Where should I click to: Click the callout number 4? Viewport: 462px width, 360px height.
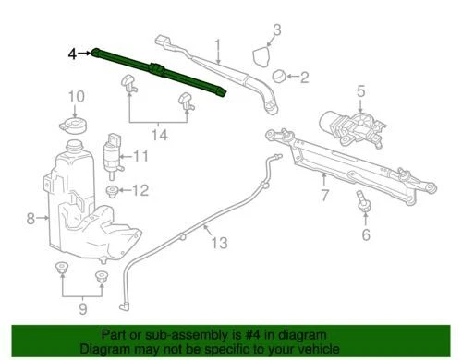[72, 54]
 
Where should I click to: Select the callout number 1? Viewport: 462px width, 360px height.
[218, 43]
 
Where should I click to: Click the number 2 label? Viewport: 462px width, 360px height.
[304, 76]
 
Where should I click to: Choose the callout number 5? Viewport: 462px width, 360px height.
[360, 90]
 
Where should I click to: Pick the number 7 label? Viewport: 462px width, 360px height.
[325, 195]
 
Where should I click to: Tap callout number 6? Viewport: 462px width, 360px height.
[366, 234]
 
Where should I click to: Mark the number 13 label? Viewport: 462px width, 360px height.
[218, 244]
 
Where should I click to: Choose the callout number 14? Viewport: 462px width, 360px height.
[160, 135]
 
